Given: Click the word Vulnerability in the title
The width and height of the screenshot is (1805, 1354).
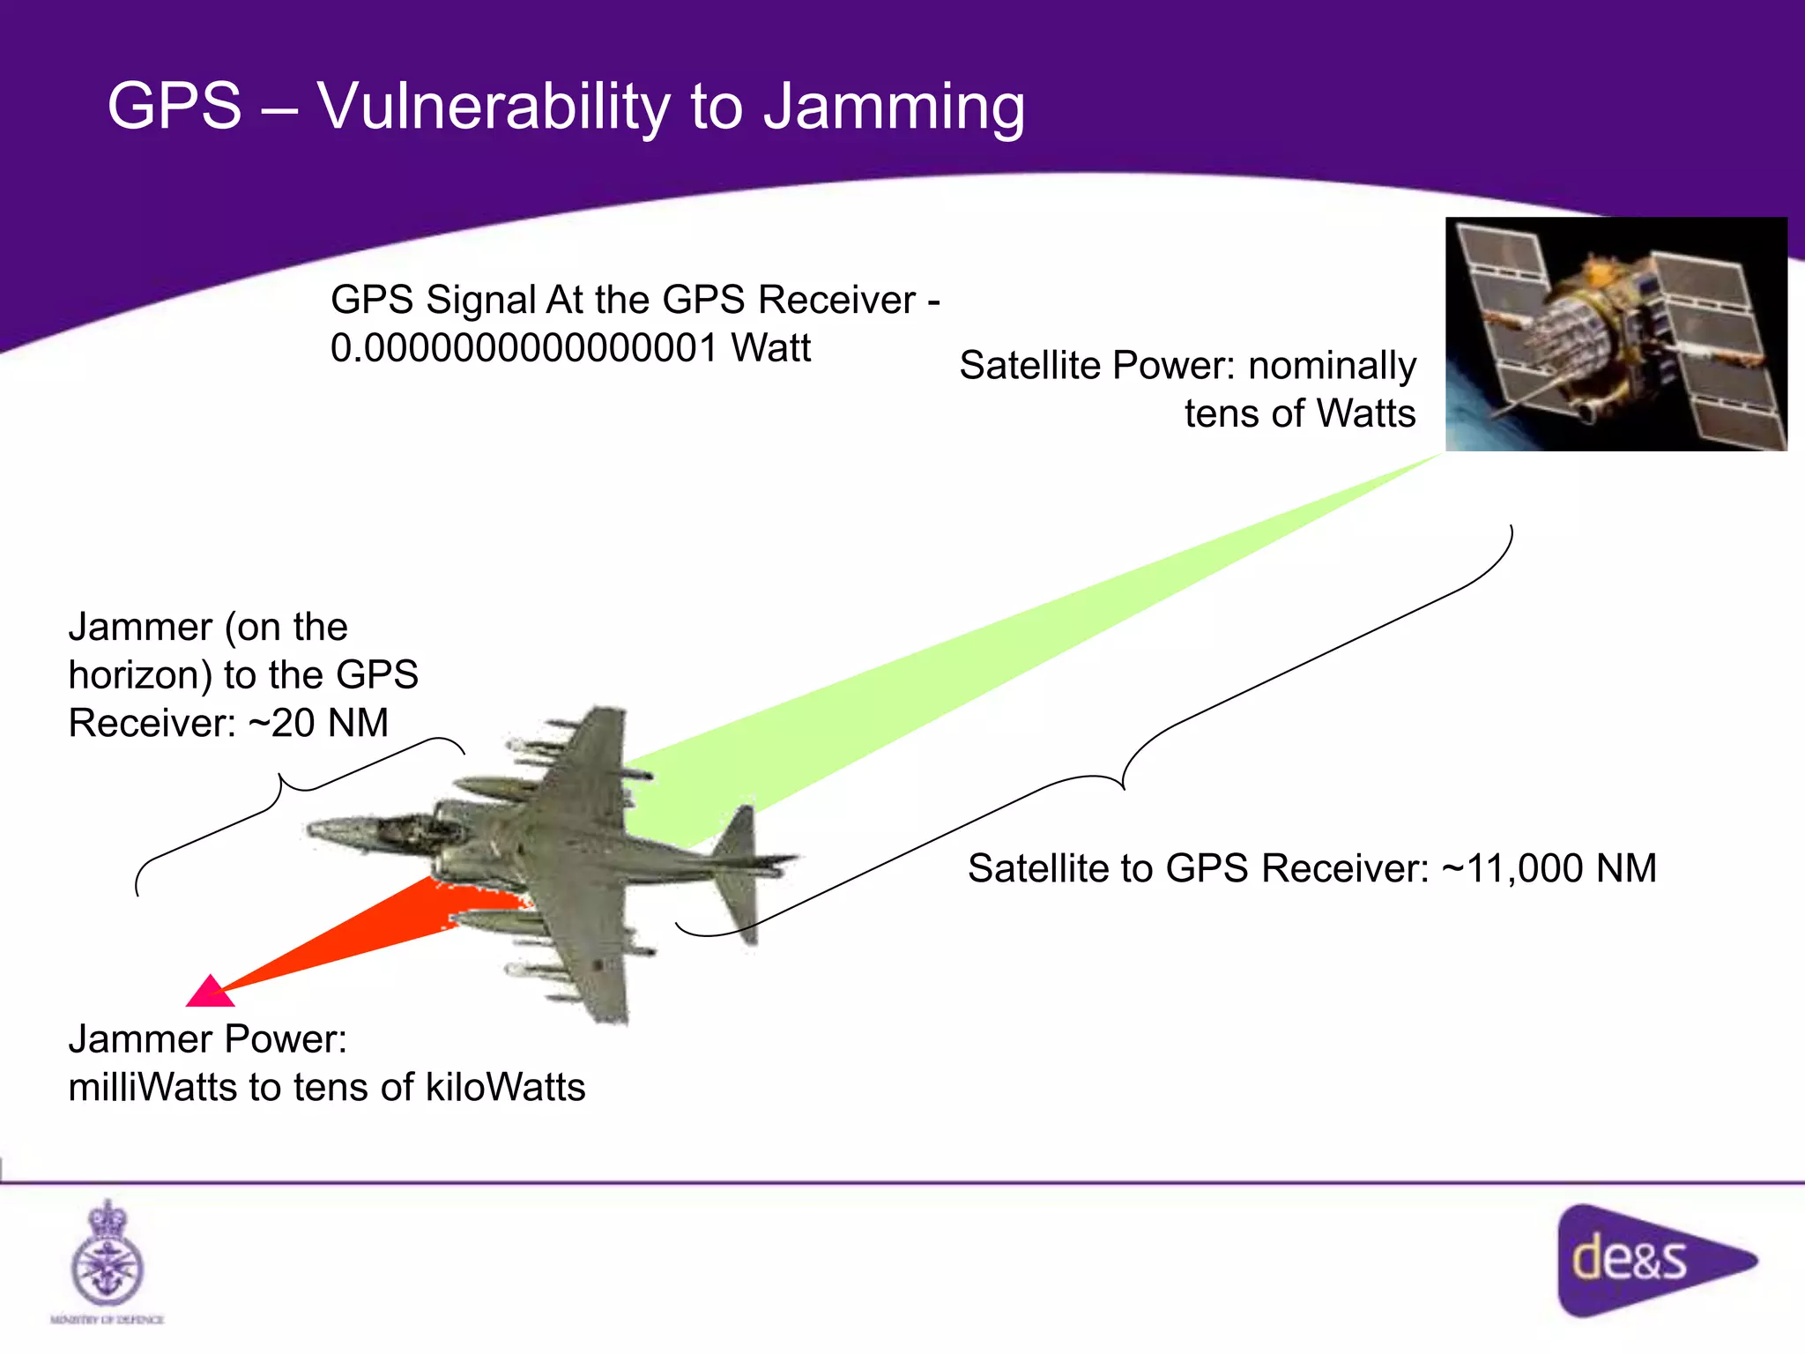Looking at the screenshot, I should point(494,106).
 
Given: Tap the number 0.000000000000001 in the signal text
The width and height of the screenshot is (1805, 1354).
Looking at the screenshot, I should point(524,348).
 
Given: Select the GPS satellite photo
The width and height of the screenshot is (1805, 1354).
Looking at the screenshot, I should point(1616,334).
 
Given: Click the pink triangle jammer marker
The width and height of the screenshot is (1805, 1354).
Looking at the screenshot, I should point(210,993).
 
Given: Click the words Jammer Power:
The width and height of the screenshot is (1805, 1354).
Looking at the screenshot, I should point(207,1039).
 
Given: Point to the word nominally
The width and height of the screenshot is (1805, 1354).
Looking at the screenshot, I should point(1332,366).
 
